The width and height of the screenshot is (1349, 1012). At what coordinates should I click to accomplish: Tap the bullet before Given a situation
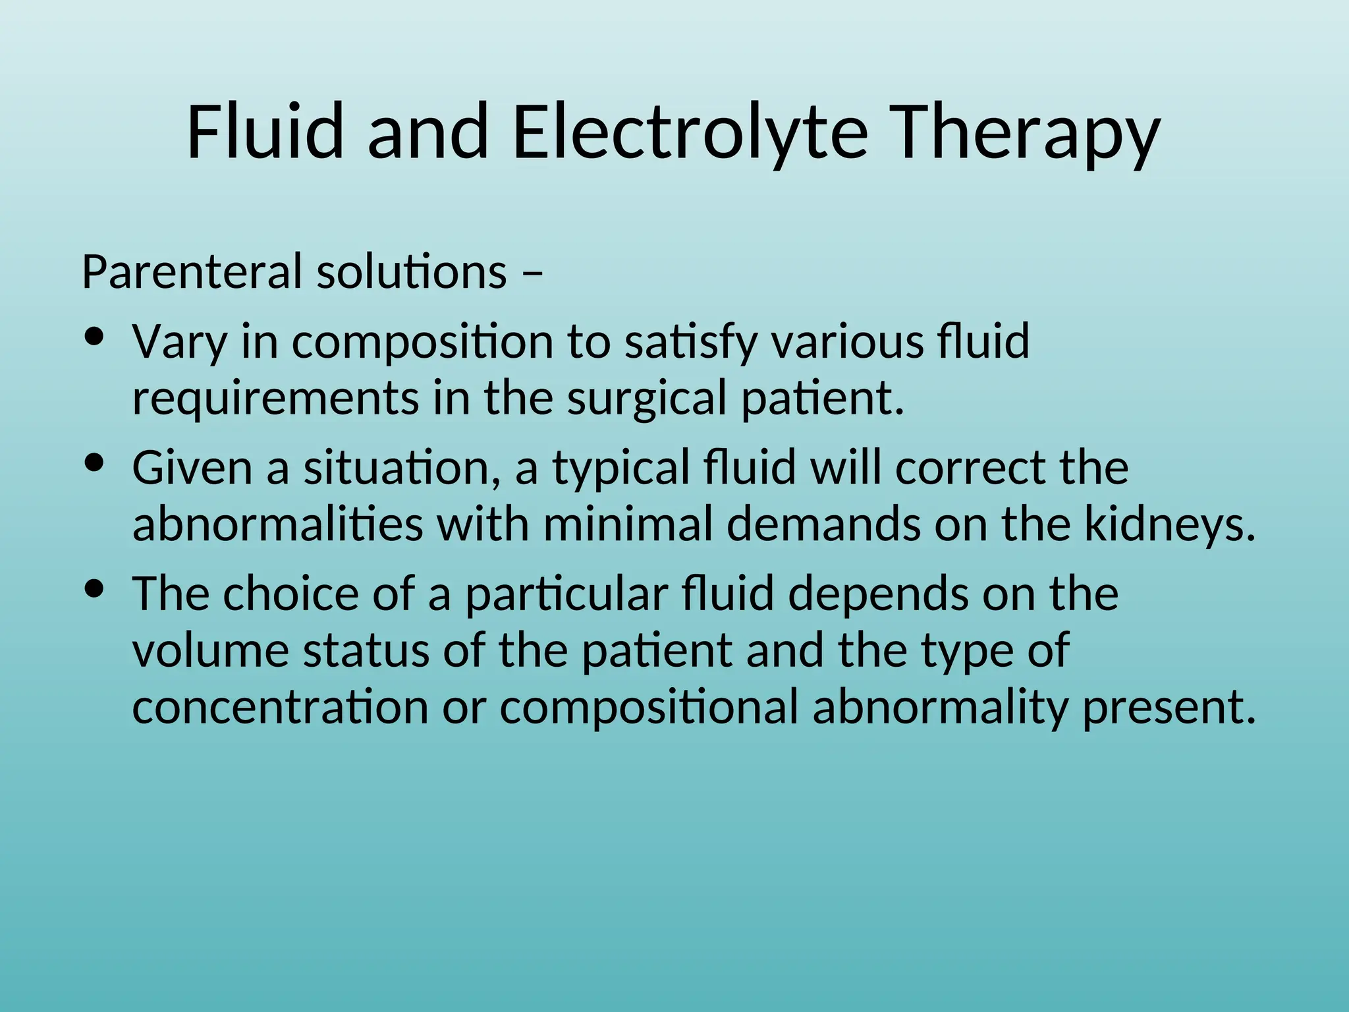click(x=96, y=463)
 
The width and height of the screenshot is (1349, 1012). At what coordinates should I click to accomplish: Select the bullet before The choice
click(x=96, y=589)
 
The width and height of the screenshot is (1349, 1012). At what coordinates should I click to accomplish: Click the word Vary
click(x=179, y=343)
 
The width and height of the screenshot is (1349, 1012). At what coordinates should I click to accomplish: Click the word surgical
click(x=647, y=399)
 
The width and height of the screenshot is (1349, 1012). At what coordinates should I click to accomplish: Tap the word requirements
click(x=275, y=399)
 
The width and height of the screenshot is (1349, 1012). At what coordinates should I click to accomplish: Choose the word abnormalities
click(x=277, y=525)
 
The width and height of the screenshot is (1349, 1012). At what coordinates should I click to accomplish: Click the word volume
click(x=211, y=650)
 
